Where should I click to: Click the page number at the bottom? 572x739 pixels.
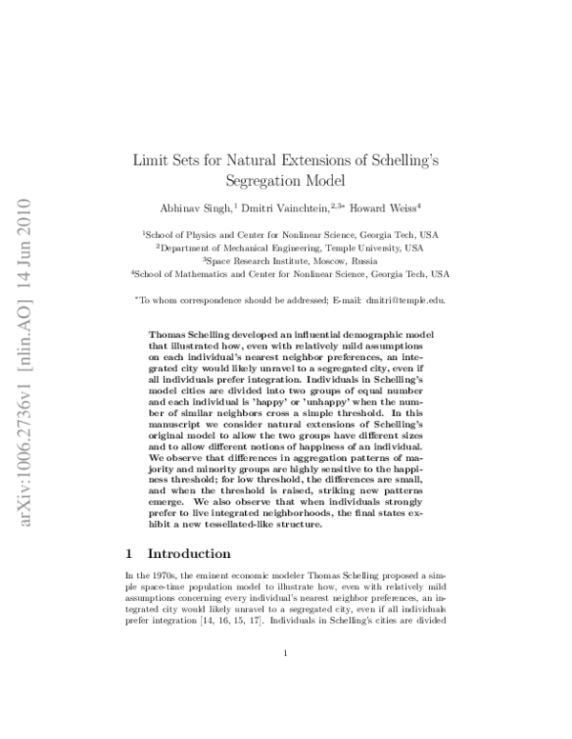[x=286, y=651]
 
